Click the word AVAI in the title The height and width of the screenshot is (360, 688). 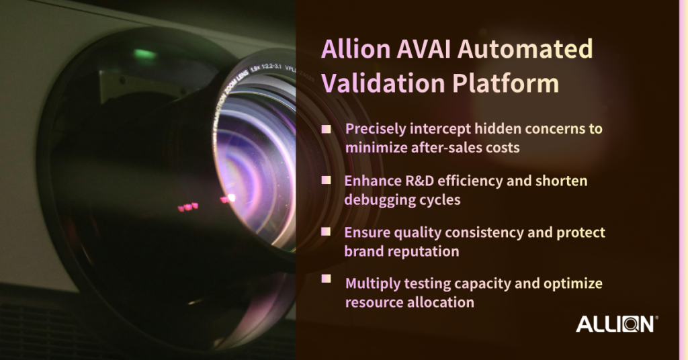[x=424, y=48]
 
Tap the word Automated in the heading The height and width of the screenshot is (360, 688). [x=525, y=48]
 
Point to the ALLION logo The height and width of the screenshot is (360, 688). [x=617, y=324]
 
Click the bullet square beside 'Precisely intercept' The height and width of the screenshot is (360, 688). [x=326, y=129]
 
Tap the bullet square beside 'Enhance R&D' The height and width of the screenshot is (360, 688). [x=326, y=180]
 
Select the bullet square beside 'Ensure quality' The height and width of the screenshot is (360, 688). [x=326, y=232]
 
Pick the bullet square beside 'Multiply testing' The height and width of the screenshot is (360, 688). [x=326, y=279]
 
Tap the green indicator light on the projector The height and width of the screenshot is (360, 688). [x=144, y=54]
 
